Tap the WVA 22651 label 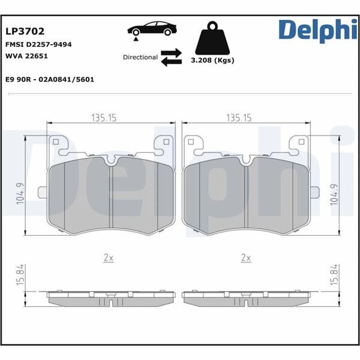pyautogui.click(x=26, y=56)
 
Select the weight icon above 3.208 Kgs pyautogui.click(x=211, y=38)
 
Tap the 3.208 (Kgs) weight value pyautogui.click(x=212, y=61)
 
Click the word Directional pyautogui.click(x=140, y=58)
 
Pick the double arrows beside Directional pyautogui.click(x=171, y=57)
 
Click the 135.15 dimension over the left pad pyautogui.click(x=104, y=118)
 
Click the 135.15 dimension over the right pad pyautogui.click(x=239, y=118)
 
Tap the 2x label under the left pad pyautogui.click(x=108, y=257)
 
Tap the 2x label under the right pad pyautogui.click(x=245, y=257)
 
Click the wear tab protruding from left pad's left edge pyautogui.click(x=43, y=192)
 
